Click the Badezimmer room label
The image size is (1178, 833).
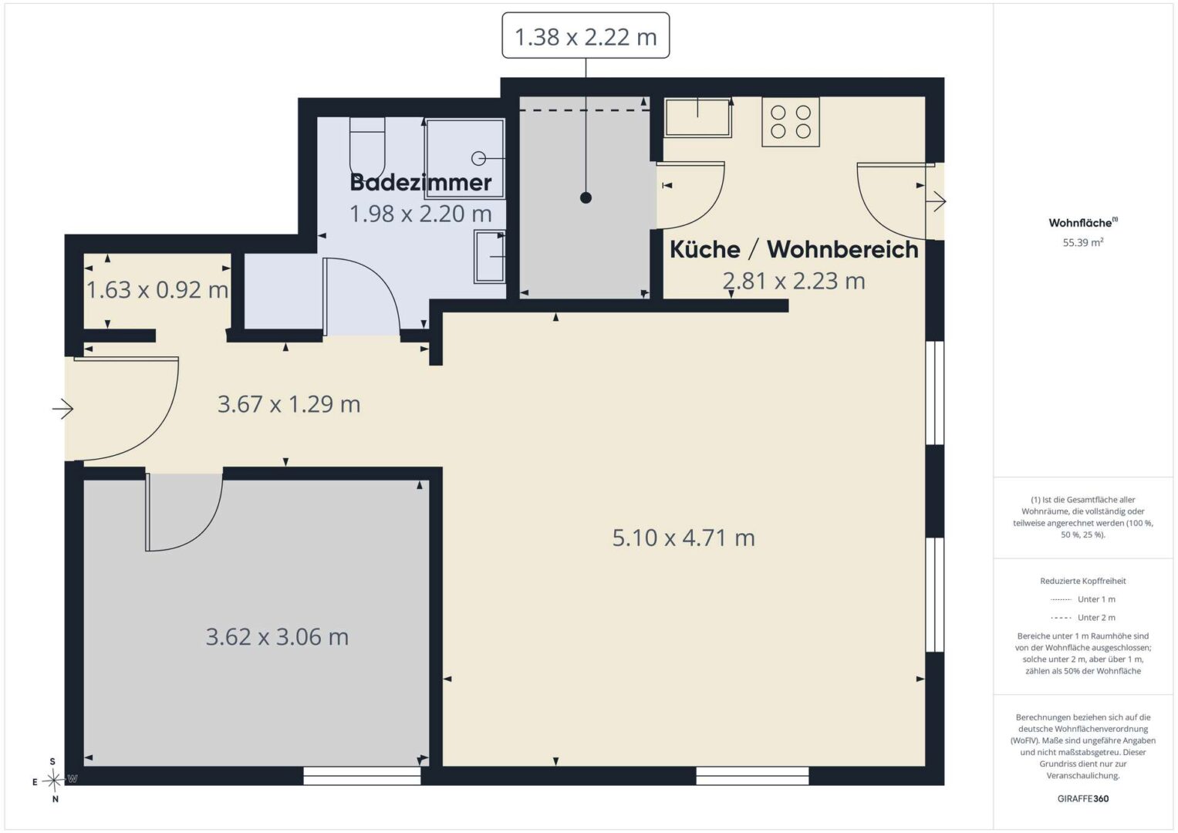[x=420, y=183]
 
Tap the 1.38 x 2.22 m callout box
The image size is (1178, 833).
[x=586, y=35]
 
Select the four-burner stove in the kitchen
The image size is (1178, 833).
[x=791, y=122]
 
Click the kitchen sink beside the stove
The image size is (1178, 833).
[x=698, y=117]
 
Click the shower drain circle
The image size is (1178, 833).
[x=478, y=158]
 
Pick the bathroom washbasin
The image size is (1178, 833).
[x=490, y=256]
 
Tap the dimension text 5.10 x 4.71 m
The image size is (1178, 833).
[x=684, y=538]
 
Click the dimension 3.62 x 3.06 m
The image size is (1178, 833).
[x=277, y=637]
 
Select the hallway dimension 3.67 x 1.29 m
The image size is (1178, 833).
[x=289, y=404]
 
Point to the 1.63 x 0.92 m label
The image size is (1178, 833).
[x=157, y=290]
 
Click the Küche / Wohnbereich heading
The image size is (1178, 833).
[x=794, y=249]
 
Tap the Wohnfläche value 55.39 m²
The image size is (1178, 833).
[x=1083, y=242]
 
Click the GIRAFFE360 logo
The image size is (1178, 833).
[x=1083, y=798]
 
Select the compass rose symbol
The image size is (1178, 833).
[x=54, y=781]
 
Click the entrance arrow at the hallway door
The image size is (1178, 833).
[x=62, y=409]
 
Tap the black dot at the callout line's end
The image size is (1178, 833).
[x=586, y=197]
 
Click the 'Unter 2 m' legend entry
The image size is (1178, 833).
[x=1083, y=617]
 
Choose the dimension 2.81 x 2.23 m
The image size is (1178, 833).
[x=794, y=281]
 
